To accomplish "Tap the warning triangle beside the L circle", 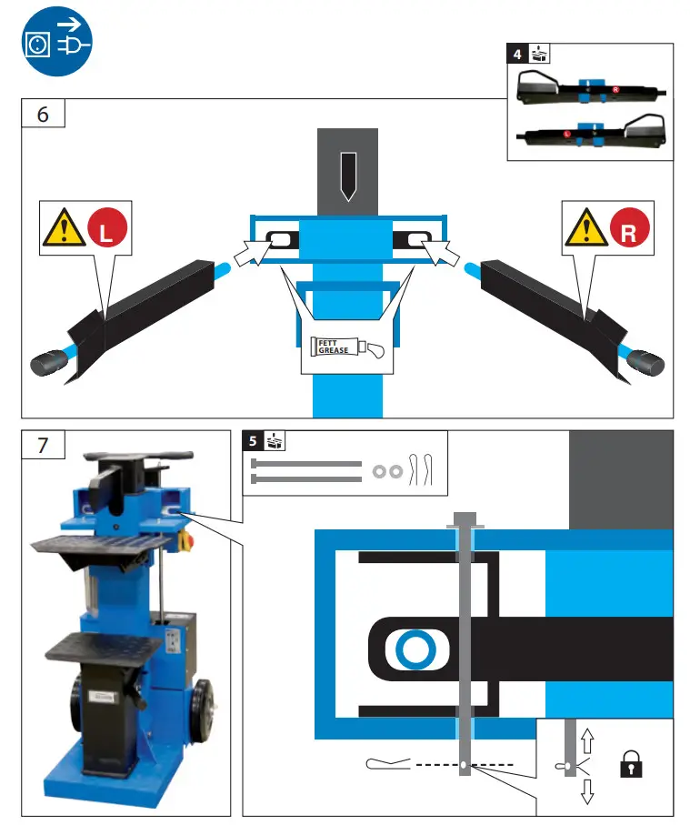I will (x=61, y=229).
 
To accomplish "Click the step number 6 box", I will (x=43, y=116).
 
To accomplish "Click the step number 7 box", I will (x=43, y=447).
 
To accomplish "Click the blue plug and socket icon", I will (x=55, y=43).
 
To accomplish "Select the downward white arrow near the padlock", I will (x=586, y=791).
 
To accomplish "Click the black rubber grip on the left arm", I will (x=45, y=365).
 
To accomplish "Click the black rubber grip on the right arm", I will (x=645, y=365).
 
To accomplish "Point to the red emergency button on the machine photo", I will (x=189, y=541).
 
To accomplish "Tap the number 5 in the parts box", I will (x=252, y=441).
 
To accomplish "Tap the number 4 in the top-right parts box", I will (x=517, y=54).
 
